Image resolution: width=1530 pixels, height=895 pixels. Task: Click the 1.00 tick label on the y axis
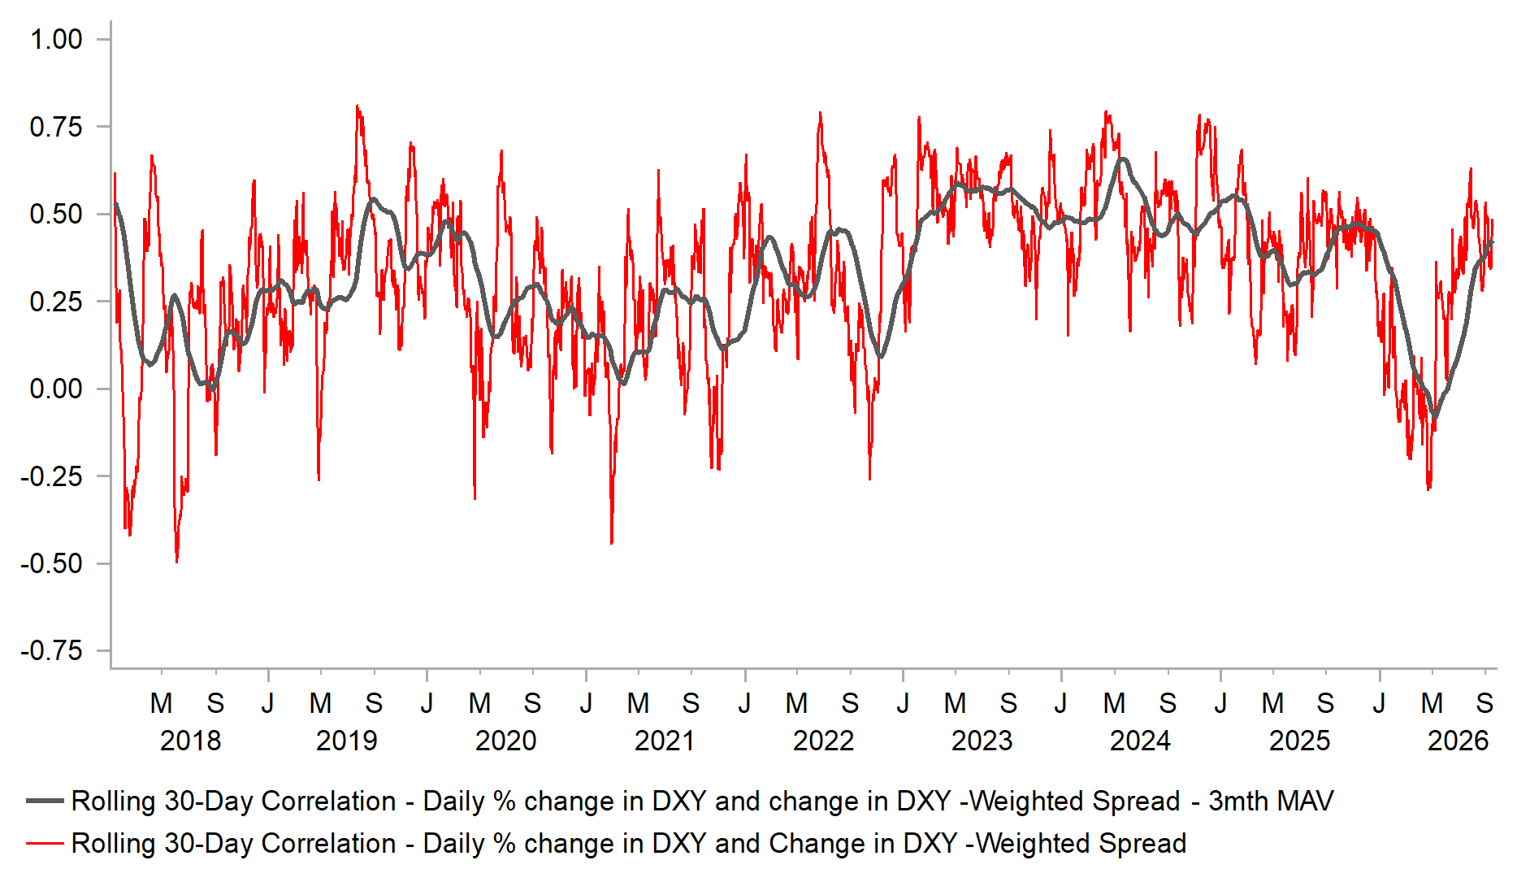click(56, 39)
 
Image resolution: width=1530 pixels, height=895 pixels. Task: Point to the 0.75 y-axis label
click(56, 127)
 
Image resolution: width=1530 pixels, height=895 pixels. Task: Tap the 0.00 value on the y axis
click(56, 389)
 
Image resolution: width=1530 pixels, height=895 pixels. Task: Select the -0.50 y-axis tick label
click(51, 563)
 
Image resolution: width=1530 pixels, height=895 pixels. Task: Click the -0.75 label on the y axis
click(51, 650)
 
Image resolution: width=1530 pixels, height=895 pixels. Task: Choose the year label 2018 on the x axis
click(190, 741)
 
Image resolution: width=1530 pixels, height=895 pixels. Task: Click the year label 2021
click(665, 741)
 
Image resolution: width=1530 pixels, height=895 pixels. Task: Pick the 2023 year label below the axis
click(982, 741)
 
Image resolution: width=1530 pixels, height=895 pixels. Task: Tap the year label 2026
click(1458, 741)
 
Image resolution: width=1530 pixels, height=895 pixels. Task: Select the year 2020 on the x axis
click(505, 741)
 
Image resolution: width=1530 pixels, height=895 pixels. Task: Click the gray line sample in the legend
click(45, 801)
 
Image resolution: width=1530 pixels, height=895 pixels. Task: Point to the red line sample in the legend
click(45, 843)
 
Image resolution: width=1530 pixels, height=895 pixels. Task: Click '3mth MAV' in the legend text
click(1271, 801)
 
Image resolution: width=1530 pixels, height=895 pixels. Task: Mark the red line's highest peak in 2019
click(358, 106)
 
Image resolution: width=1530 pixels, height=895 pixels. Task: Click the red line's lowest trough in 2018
click(176, 562)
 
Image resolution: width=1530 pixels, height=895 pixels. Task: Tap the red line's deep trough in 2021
click(611, 542)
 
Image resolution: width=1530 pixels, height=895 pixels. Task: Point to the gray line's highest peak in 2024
click(1123, 159)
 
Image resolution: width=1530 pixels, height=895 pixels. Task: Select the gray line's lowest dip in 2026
click(1435, 417)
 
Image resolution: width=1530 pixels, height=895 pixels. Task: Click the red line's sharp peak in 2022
click(820, 113)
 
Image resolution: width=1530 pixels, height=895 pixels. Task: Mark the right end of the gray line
click(1493, 242)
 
